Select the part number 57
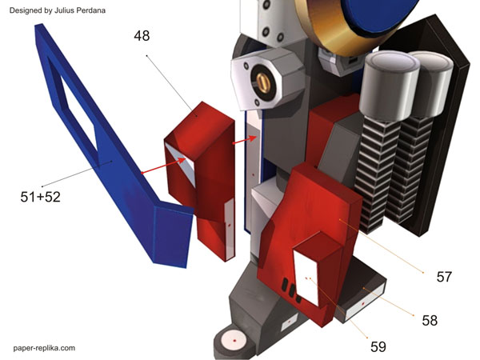point(444,277)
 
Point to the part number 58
point(430,320)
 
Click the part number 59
point(378,346)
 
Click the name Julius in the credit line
point(78,10)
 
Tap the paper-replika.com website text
point(44,348)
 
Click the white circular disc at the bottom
point(234,340)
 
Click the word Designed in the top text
point(26,10)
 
